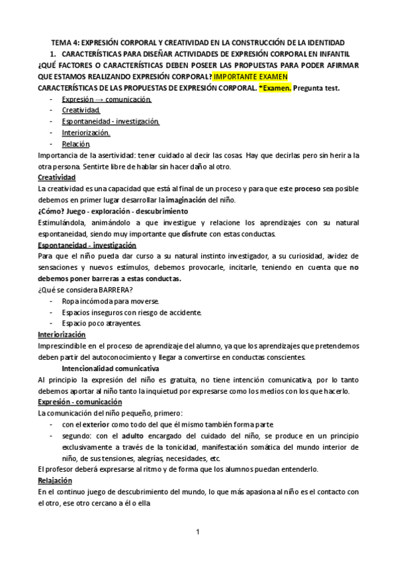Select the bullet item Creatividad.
click(x=81, y=110)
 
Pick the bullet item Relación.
click(x=75, y=144)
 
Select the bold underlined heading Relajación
click(x=55, y=480)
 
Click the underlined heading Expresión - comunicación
click(x=80, y=402)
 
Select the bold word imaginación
click(x=186, y=200)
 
